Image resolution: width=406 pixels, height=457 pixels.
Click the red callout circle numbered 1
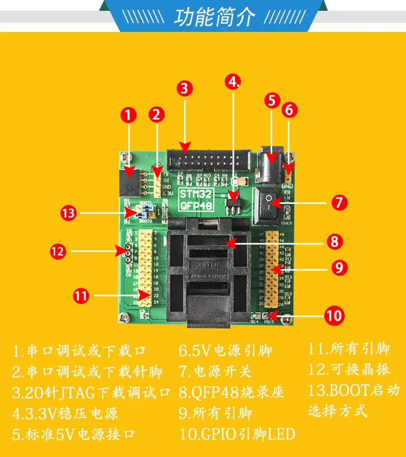(128, 115)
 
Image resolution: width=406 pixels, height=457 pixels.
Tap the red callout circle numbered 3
(185, 88)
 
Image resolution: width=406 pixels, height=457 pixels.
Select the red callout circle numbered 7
(339, 202)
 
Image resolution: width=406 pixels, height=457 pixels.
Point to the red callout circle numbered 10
(334, 315)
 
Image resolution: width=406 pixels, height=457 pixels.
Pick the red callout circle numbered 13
(69, 213)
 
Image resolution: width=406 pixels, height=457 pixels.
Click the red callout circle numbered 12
(57, 251)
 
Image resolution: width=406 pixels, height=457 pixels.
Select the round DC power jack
(269, 165)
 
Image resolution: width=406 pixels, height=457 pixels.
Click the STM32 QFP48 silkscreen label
(197, 198)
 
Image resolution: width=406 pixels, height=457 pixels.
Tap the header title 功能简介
(214, 17)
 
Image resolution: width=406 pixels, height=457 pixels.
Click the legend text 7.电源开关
(215, 372)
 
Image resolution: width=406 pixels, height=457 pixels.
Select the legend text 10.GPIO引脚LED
(237, 434)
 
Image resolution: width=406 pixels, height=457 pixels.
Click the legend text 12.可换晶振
(349, 370)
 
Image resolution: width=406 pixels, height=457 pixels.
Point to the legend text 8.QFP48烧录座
(231, 392)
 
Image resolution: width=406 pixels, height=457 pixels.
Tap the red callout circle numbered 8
(334, 241)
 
